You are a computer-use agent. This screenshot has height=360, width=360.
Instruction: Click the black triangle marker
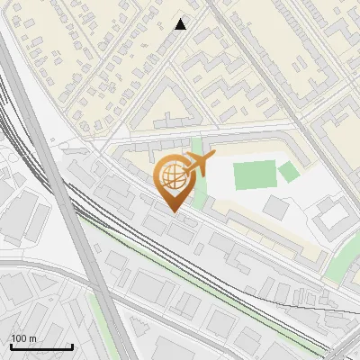tap(181, 24)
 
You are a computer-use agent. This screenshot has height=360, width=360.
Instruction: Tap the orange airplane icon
tap(199, 164)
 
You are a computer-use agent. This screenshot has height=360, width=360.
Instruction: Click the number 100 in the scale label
tap(19, 338)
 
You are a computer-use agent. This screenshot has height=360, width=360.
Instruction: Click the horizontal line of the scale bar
tap(41, 346)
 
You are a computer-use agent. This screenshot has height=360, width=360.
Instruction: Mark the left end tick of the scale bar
tap(11, 346)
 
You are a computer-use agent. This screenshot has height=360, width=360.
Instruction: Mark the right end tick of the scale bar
tap(72, 346)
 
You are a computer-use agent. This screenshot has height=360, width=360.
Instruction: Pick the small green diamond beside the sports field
tap(288, 171)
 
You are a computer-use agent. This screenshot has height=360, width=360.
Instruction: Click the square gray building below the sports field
tap(275, 207)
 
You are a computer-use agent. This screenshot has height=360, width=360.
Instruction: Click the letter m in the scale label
tap(32, 338)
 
